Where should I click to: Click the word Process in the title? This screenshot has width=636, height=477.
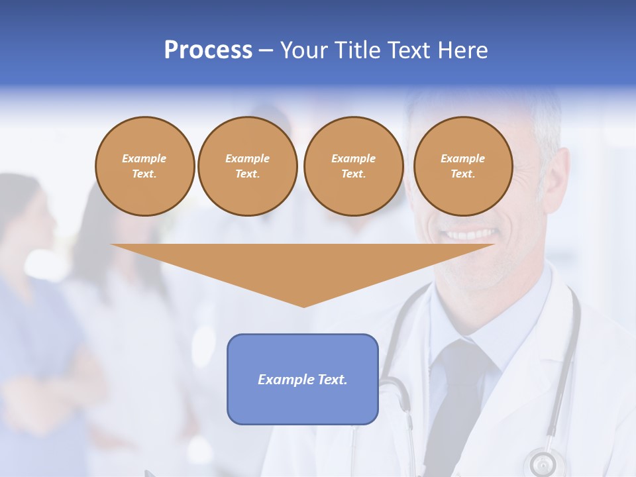[x=208, y=50]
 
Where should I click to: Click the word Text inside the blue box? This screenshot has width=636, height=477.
[x=333, y=380]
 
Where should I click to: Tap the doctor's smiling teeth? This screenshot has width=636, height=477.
[x=472, y=235]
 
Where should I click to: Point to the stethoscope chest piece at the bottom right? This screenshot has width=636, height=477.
[x=543, y=462]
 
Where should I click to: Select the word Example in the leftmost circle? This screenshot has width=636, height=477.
[x=144, y=158]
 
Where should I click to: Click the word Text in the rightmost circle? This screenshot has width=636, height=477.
[x=462, y=174]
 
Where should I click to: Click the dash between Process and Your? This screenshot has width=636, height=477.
[x=266, y=50]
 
